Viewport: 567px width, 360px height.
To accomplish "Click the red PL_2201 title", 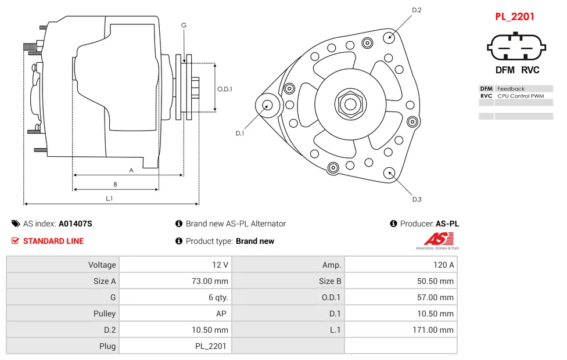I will point(514,16).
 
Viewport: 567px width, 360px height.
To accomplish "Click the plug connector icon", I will point(516,46).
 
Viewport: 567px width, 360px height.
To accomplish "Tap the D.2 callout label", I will point(417,10).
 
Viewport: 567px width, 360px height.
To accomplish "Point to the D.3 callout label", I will point(417,199).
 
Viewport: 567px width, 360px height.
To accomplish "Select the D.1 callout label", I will point(239,133).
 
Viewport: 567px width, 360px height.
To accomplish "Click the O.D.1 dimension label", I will point(225,89).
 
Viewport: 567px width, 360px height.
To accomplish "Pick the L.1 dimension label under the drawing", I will point(109,198).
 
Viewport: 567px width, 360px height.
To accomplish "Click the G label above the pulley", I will point(184,25).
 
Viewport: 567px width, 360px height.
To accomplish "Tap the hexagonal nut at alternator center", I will point(350,105).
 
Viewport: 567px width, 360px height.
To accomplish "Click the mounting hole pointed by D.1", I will point(268,105).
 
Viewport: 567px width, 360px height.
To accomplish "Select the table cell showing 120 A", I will point(400,265).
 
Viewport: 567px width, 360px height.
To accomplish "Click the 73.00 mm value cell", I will point(175,281).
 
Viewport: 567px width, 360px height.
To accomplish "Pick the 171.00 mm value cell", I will point(400,330).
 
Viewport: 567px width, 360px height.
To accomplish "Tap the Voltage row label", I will point(63,265).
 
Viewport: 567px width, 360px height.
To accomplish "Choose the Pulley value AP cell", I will point(175,314).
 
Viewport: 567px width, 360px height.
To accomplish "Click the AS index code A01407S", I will point(76,224).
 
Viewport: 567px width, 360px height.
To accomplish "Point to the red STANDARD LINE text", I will point(53,241).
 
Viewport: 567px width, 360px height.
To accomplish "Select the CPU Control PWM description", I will point(521,96).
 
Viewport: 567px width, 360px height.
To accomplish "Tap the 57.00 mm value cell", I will point(400,297).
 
